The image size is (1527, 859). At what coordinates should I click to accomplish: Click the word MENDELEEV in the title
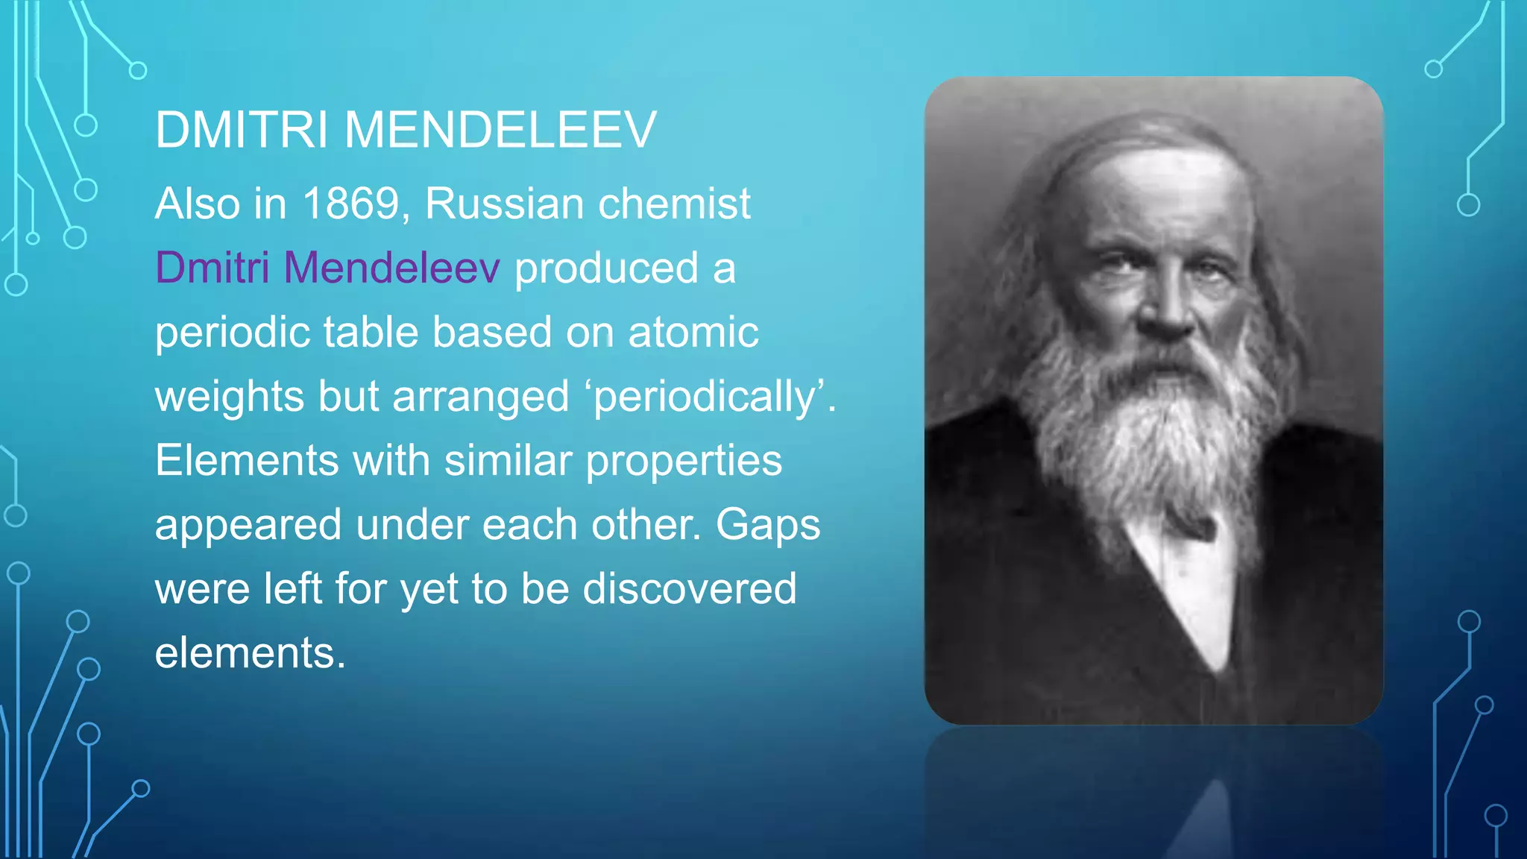click(500, 130)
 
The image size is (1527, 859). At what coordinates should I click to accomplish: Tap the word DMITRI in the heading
click(242, 130)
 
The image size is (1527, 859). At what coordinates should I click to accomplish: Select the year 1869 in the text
click(351, 204)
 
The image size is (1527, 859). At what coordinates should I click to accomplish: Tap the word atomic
click(693, 332)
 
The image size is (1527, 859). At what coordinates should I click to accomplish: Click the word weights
click(229, 396)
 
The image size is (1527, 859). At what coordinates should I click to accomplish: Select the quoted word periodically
click(711, 396)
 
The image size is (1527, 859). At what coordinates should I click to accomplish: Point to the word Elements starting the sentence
click(247, 460)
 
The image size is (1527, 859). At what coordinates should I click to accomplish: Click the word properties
click(684, 460)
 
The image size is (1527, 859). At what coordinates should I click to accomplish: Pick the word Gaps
click(767, 524)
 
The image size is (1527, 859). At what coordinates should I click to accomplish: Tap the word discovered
click(689, 588)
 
